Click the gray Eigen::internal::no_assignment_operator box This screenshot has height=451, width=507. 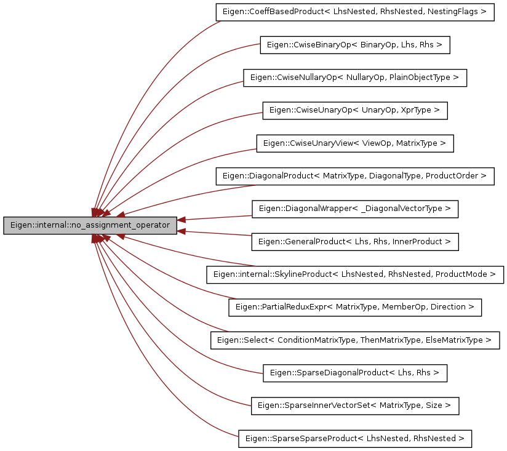[x=90, y=225]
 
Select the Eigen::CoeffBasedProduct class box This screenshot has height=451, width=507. [x=355, y=12]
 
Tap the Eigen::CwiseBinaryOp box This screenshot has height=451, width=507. [x=355, y=45]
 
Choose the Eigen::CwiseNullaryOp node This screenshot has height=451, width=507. [x=355, y=78]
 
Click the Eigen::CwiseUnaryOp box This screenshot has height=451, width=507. [x=354, y=111]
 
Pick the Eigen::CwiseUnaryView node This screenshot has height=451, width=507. [x=354, y=143]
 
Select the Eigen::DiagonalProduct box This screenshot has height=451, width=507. [x=354, y=176]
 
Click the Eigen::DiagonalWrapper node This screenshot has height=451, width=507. [x=354, y=209]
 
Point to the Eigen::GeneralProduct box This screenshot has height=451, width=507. [x=354, y=242]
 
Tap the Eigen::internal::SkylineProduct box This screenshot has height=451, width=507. [x=354, y=274]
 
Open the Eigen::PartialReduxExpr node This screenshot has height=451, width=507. [x=354, y=307]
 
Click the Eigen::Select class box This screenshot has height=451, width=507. [x=354, y=340]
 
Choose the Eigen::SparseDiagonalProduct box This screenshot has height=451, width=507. [x=354, y=373]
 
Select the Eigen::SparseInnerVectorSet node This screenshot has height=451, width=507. [x=354, y=405]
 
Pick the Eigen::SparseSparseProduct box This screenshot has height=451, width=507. [x=354, y=439]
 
